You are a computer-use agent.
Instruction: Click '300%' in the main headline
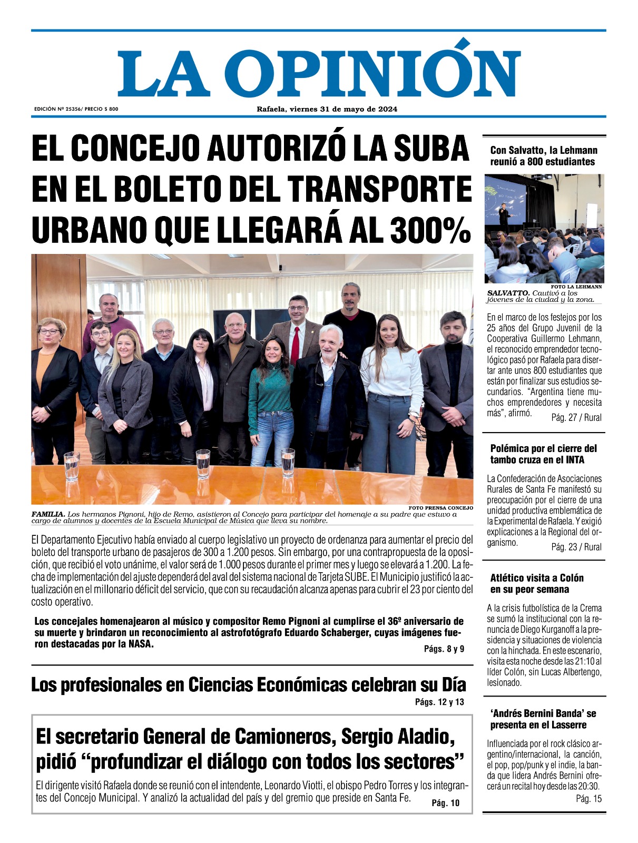[x=429, y=230]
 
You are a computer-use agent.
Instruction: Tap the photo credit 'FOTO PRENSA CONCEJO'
[x=440, y=508]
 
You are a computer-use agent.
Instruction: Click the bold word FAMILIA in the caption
[x=48, y=514]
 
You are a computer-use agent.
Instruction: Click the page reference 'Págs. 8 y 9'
[x=444, y=649]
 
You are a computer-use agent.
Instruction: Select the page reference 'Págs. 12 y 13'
[x=439, y=702]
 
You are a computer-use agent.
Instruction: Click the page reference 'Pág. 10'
[x=445, y=803]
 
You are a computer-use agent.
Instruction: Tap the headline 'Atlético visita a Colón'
[x=537, y=578]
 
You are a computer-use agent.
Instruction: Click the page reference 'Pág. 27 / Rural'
[x=576, y=417]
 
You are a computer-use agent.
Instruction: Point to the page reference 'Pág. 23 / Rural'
[x=576, y=547]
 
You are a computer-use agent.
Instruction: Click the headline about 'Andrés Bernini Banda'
[x=543, y=719]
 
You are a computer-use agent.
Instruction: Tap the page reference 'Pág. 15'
[x=588, y=799]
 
